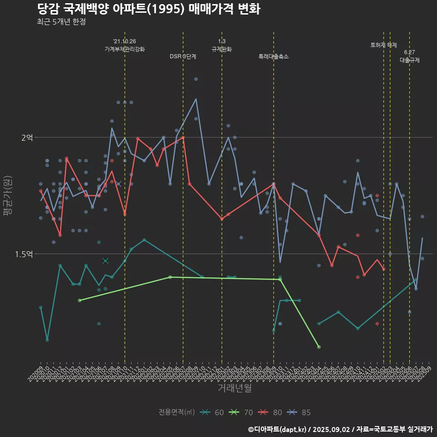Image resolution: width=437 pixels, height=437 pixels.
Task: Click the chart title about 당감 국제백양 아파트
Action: (148, 9)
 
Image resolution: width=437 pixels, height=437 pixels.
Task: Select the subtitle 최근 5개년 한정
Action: (61, 22)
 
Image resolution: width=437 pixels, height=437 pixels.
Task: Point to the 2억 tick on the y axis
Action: (27, 137)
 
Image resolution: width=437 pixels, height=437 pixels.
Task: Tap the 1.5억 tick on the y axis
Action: (24, 254)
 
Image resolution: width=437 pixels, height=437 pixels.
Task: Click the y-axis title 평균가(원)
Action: (7, 196)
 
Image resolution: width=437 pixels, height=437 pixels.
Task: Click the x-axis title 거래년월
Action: (234, 388)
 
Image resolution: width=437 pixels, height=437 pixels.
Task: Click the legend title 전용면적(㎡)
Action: (177, 412)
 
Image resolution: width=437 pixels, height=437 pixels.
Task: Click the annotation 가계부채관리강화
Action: (125, 49)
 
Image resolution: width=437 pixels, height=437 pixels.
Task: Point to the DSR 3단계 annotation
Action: (183, 57)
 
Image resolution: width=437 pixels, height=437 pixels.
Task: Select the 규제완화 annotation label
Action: (222, 49)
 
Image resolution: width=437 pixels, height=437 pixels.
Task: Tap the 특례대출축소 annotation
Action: (274, 57)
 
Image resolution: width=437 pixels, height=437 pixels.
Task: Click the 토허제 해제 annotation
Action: (384, 45)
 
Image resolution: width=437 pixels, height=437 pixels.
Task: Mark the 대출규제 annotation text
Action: (410, 60)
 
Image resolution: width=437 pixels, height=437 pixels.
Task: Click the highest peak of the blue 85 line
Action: (196, 99)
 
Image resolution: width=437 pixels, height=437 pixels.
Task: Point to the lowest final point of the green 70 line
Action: (319, 347)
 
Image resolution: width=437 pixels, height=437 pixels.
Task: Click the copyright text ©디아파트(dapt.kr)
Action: (277, 429)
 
